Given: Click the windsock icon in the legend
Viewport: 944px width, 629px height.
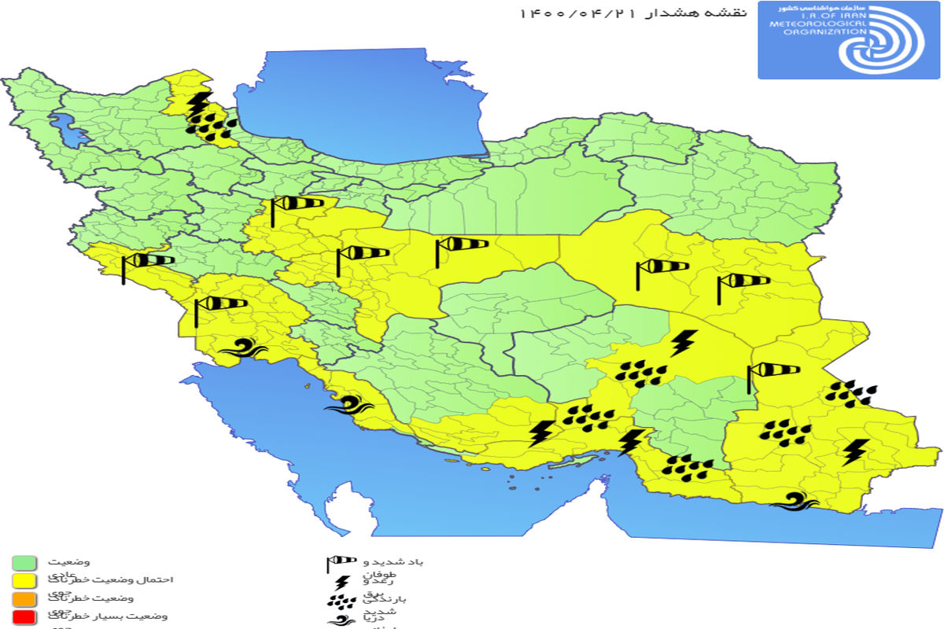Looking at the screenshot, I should click(x=341, y=563).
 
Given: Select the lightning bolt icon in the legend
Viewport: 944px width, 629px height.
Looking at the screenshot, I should click(x=341, y=583).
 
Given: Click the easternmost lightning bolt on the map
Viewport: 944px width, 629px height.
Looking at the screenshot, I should click(x=856, y=451).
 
